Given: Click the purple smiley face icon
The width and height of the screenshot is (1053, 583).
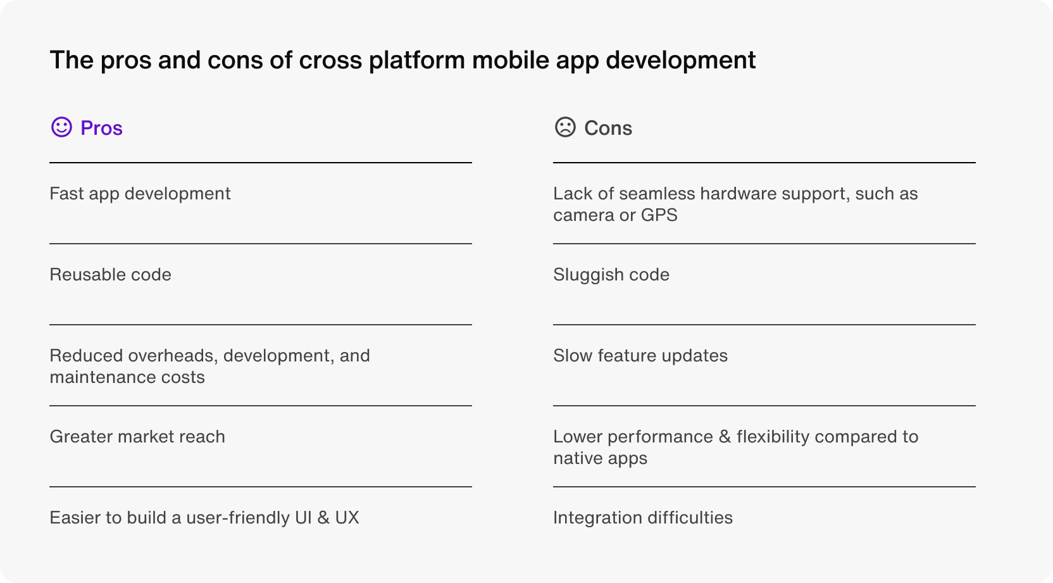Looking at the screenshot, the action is (61, 127).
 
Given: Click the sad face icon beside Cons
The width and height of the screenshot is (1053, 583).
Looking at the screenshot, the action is (565, 127).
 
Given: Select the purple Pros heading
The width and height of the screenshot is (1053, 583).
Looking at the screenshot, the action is (101, 128).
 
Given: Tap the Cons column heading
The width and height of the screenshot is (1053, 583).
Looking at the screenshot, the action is (608, 128).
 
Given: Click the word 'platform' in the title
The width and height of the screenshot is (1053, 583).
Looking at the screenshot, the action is (417, 60).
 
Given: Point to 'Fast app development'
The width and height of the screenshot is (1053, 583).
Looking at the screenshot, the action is (140, 194).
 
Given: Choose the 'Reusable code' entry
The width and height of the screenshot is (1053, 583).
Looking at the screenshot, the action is (111, 275).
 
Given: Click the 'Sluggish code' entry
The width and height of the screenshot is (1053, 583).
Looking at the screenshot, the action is (611, 275).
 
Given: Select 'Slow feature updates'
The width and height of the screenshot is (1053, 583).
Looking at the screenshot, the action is (640, 356).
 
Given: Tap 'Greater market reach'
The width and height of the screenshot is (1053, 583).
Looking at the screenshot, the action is (137, 437).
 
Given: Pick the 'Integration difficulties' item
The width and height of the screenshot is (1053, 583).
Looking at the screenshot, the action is (642, 518).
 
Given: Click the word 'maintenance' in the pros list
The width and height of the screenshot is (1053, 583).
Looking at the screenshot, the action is (102, 377).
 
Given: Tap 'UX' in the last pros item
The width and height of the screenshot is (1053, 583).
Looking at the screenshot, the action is (347, 518).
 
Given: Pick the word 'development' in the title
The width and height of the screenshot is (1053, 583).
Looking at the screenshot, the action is (681, 60).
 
